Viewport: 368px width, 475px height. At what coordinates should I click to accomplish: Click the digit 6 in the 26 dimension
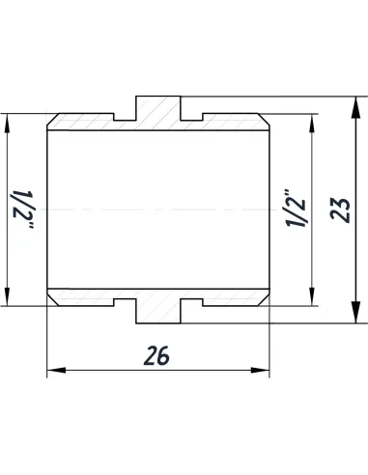(x=165, y=355)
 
